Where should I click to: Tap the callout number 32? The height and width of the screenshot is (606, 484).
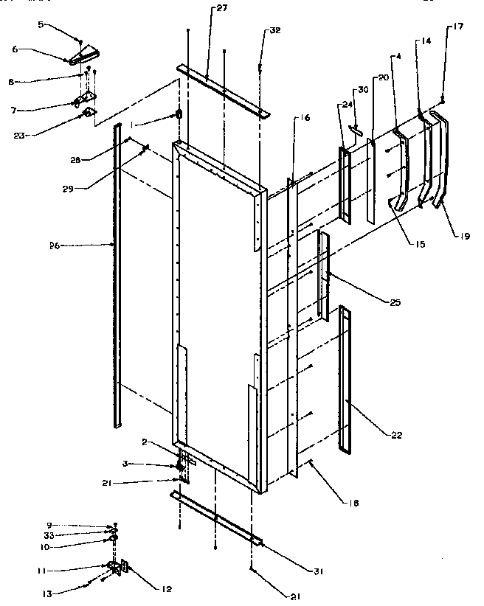click(x=274, y=31)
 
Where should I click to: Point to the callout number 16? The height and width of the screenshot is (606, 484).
click(x=305, y=118)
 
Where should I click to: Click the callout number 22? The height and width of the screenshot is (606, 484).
click(x=397, y=436)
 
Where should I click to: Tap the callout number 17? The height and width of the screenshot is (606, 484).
click(x=458, y=27)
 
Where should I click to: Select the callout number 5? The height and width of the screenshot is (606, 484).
click(x=43, y=24)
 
